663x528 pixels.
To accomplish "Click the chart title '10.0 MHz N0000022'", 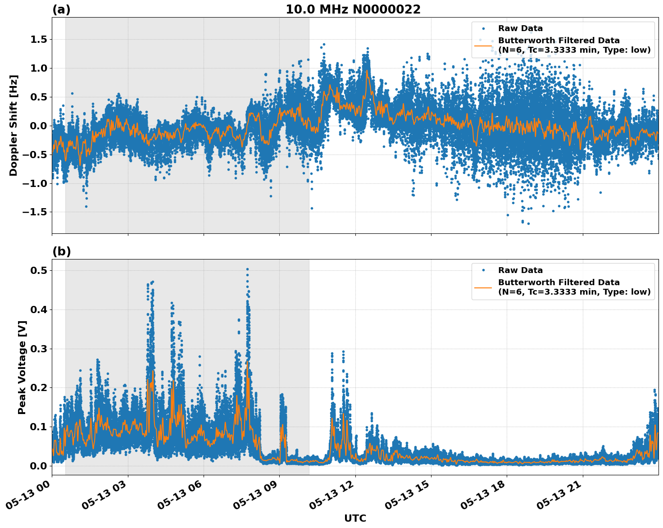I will pyautogui.click(x=353, y=9).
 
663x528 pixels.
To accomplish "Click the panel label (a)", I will pyautogui.click(x=61, y=9).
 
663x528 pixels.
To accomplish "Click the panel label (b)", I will pyautogui.click(x=61, y=251).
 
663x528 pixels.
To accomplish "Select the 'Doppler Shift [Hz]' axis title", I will pyautogui.click(x=14, y=125).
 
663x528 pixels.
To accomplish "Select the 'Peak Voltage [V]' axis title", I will pyautogui.click(x=22, y=367).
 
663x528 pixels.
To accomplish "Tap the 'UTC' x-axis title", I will pyautogui.click(x=355, y=518).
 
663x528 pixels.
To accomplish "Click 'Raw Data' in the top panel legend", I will pyautogui.click(x=520, y=28).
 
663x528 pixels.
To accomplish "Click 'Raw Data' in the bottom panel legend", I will pyautogui.click(x=520, y=270).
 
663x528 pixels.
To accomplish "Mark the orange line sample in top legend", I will pyautogui.click(x=483, y=46).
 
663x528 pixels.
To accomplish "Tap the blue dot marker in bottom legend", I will pyautogui.click(x=483, y=270).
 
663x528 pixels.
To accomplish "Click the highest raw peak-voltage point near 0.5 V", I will pyautogui.click(x=247, y=269).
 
